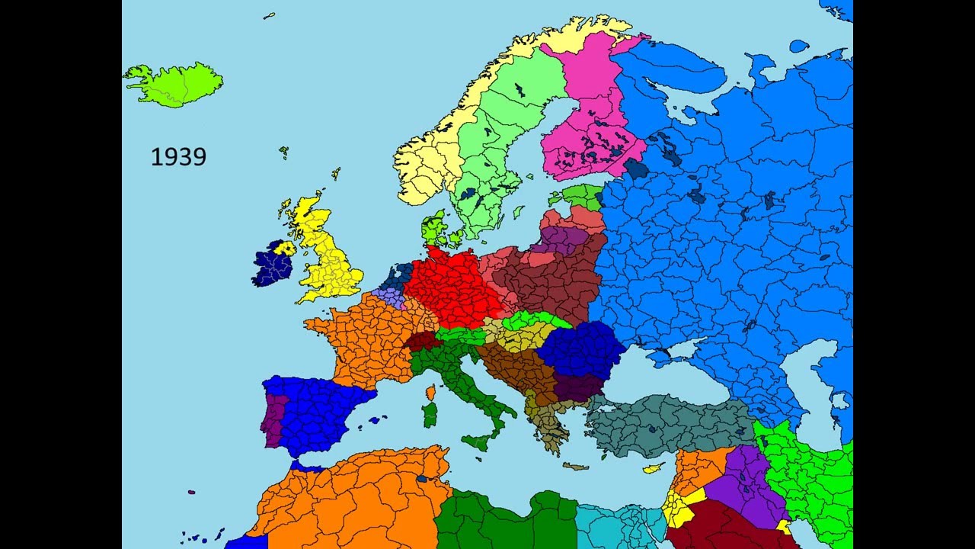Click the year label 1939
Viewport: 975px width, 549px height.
[x=178, y=157]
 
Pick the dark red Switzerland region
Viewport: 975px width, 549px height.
[x=424, y=341]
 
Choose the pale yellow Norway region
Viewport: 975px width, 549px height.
[x=427, y=164]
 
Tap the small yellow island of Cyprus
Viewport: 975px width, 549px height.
[x=654, y=467]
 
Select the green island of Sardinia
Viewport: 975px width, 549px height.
[x=430, y=416]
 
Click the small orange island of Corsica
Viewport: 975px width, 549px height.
[x=431, y=393]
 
